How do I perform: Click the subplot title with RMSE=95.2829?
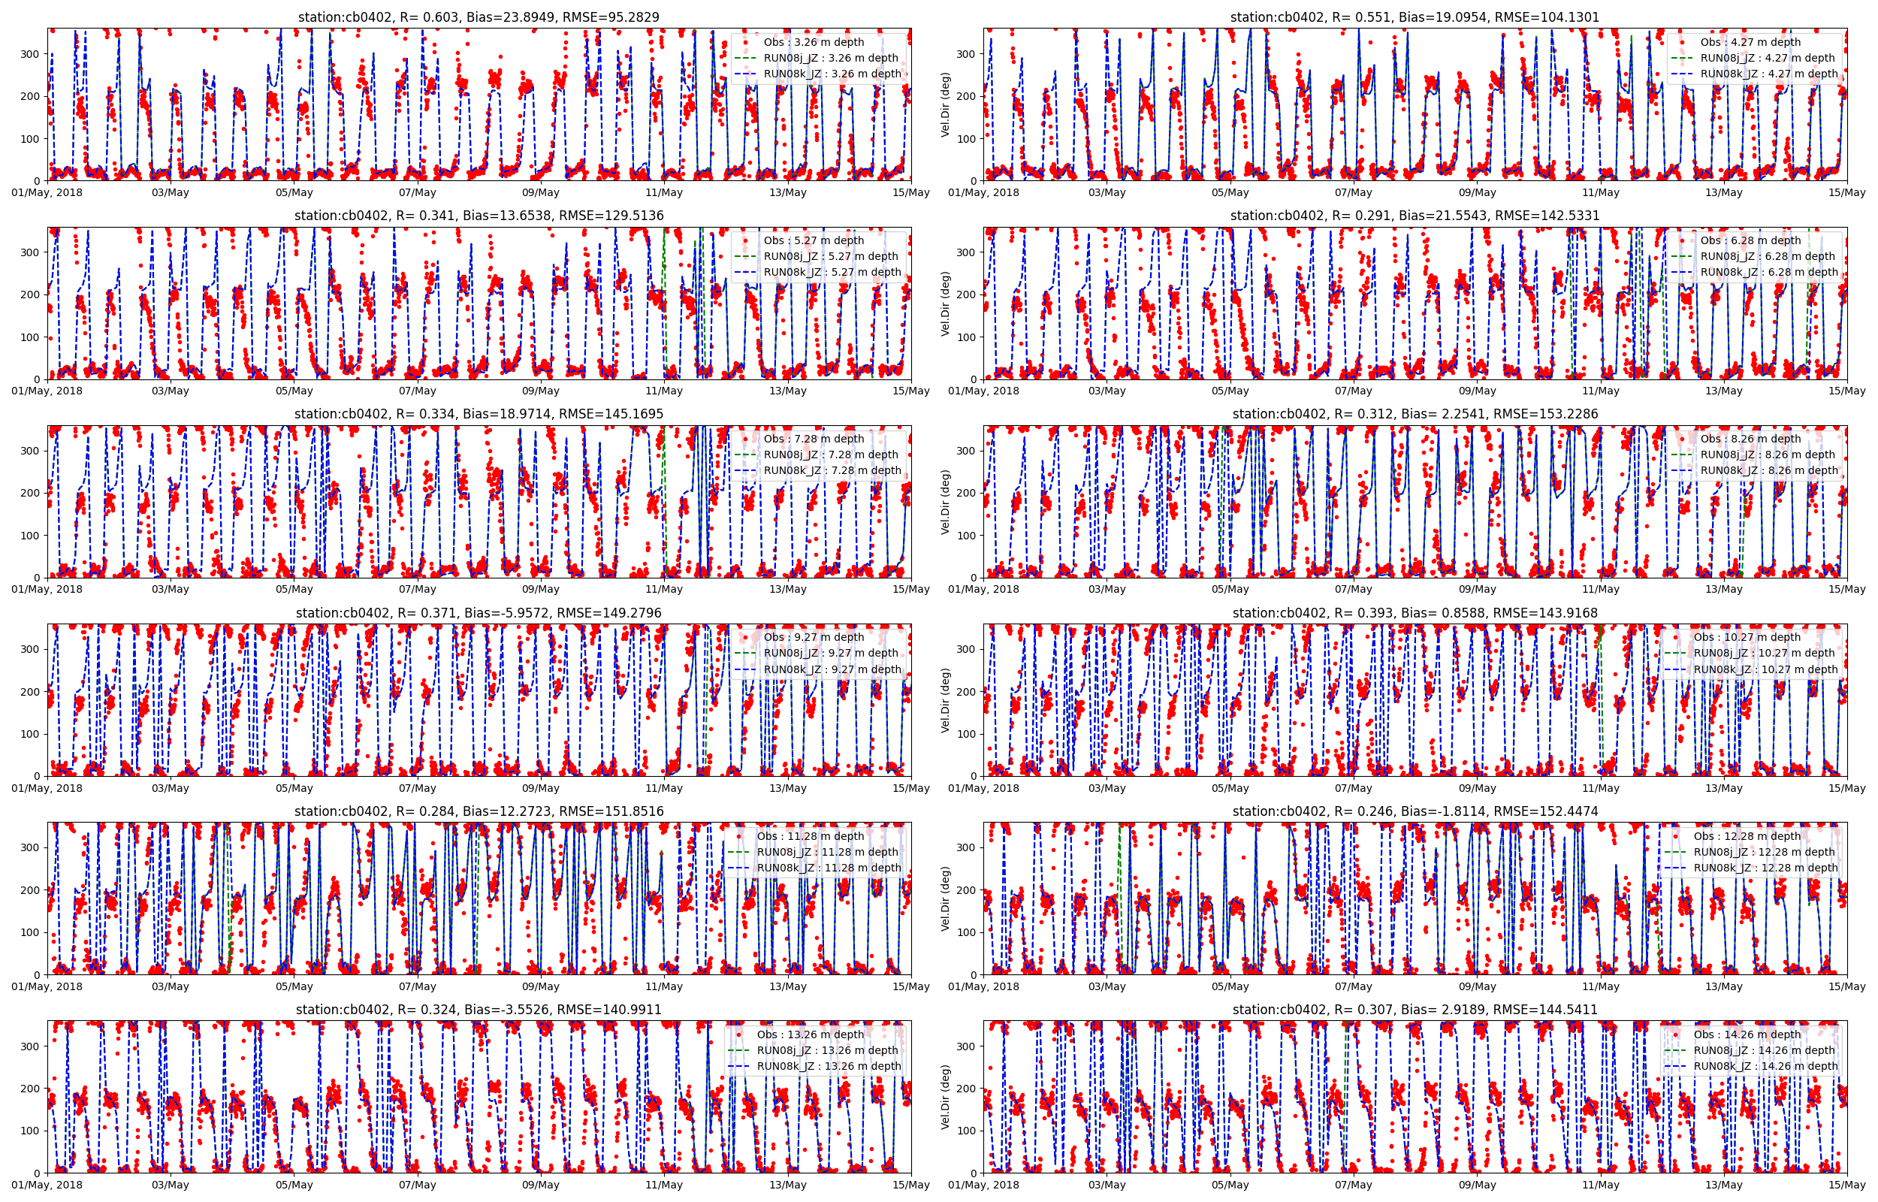(x=479, y=17)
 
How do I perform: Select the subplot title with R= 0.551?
(x=1415, y=17)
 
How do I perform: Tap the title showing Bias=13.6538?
(x=479, y=216)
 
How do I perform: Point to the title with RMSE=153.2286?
(x=1415, y=414)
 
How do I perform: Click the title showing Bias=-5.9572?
(x=479, y=613)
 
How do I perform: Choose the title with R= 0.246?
(x=1415, y=811)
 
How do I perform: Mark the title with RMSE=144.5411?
(x=1415, y=1009)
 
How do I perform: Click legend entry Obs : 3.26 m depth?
(x=813, y=42)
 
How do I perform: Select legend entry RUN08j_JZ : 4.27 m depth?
(x=1768, y=58)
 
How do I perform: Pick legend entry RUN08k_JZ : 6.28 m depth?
(x=1768, y=273)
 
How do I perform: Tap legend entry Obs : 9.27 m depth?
(x=813, y=637)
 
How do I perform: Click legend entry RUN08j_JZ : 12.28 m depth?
(x=1764, y=852)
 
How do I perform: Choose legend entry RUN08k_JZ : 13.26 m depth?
(x=828, y=1066)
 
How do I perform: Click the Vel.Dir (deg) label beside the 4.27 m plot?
(x=946, y=104)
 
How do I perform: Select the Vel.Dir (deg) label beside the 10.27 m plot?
(x=946, y=700)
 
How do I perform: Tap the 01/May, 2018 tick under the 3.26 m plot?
(x=47, y=193)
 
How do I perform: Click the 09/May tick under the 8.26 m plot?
(x=1477, y=589)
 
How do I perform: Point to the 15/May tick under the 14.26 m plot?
(x=1846, y=1185)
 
